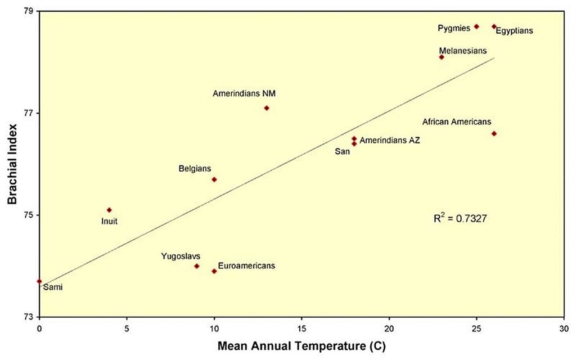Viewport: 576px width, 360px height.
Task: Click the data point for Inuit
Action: (x=109, y=210)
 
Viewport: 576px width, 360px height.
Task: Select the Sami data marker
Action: (x=39, y=281)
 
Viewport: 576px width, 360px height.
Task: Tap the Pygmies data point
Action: (x=476, y=26)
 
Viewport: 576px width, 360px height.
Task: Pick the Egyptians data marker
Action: (x=494, y=26)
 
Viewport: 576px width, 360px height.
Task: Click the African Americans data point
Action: (x=494, y=133)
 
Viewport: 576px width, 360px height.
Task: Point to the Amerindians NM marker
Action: (x=267, y=108)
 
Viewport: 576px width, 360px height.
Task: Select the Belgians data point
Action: (x=214, y=179)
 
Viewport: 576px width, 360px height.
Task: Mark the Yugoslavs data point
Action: (x=197, y=266)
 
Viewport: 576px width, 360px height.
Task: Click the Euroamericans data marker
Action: (x=214, y=271)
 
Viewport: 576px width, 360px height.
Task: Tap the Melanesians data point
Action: (x=442, y=57)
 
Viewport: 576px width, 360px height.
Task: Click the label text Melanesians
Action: (x=463, y=51)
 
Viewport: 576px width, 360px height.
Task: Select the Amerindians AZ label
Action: (x=390, y=140)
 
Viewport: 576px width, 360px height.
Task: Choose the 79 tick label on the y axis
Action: (x=28, y=11)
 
